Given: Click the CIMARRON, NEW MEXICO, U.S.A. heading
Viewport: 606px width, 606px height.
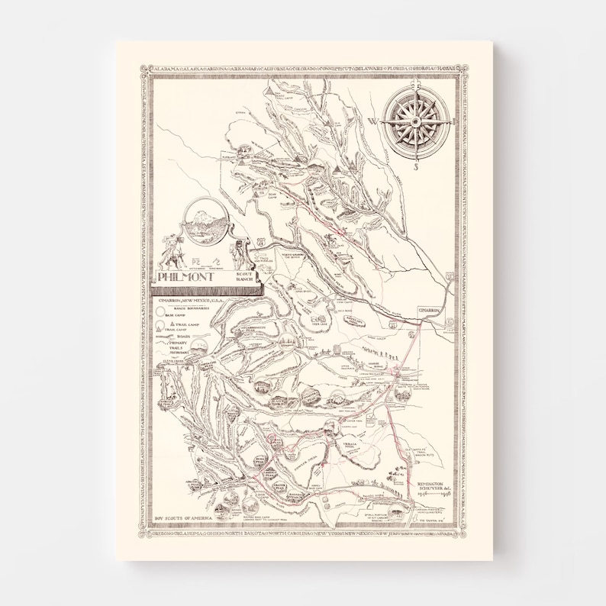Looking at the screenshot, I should [x=191, y=301].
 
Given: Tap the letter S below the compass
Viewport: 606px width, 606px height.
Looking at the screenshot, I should [x=416, y=165].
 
